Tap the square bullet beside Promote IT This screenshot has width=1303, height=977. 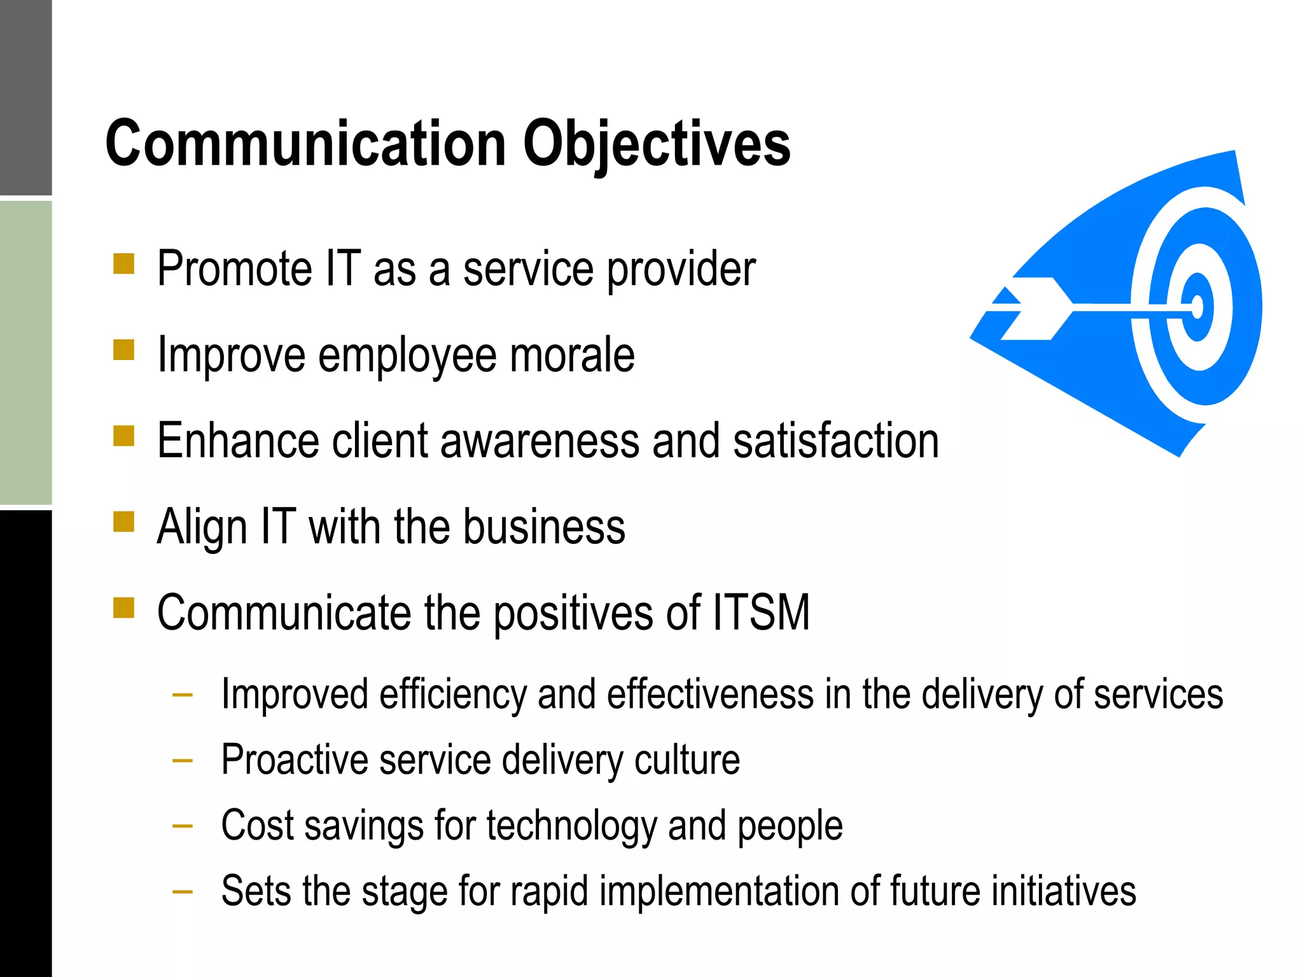pyautogui.click(x=123, y=264)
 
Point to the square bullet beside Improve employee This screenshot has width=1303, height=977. pyautogui.click(x=123, y=350)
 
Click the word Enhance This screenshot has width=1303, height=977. pyautogui.click(x=238, y=441)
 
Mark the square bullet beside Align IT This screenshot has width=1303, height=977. pyautogui.click(x=123, y=522)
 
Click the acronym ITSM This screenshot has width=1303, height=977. pyautogui.click(x=761, y=613)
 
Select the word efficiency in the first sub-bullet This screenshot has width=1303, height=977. pyautogui.click(x=453, y=695)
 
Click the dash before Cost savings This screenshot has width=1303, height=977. pyautogui.click(x=183, y=826)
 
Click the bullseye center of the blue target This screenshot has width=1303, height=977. pyautogui.click(x=1197, y=308)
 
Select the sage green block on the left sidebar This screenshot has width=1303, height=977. pyautogui.click(x=25, y=353)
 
